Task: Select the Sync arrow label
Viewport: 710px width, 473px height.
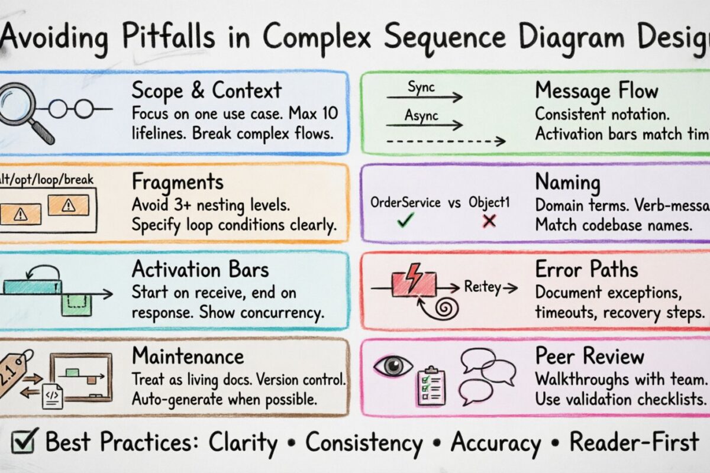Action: (x=421, y=87)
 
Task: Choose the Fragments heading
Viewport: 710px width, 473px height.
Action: (x=177, y=181)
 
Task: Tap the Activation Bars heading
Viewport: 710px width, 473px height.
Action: (x=200, y=270)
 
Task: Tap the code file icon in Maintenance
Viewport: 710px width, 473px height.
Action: (x=52, y=395)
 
